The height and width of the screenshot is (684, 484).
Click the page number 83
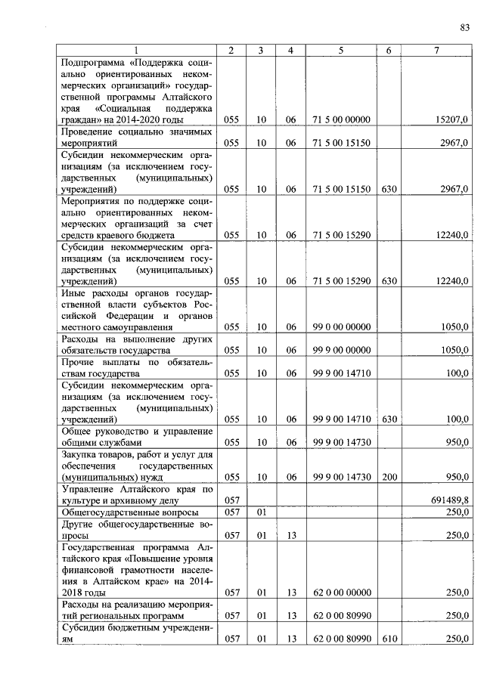(464, 28)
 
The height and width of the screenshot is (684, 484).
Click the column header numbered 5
(341, 51)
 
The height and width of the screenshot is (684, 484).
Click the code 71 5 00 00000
(341, 119)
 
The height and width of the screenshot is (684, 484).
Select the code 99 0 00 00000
(341, 327)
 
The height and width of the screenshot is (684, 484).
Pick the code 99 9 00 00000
(341, 350)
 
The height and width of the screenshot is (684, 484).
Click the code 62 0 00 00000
(341, 593)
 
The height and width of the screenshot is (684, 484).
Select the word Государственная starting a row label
(101, 546)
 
